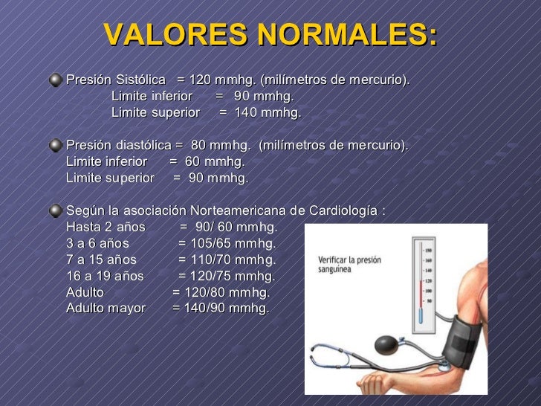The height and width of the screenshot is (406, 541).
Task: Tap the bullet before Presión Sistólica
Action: pos(56,80)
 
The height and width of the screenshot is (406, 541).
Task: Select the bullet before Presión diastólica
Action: pos(56,145)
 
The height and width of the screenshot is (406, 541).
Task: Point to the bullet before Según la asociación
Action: pos(56,210)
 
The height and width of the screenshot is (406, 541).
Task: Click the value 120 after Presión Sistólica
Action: pos(199,80)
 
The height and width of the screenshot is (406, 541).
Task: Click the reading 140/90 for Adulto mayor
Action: pos(204,308)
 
